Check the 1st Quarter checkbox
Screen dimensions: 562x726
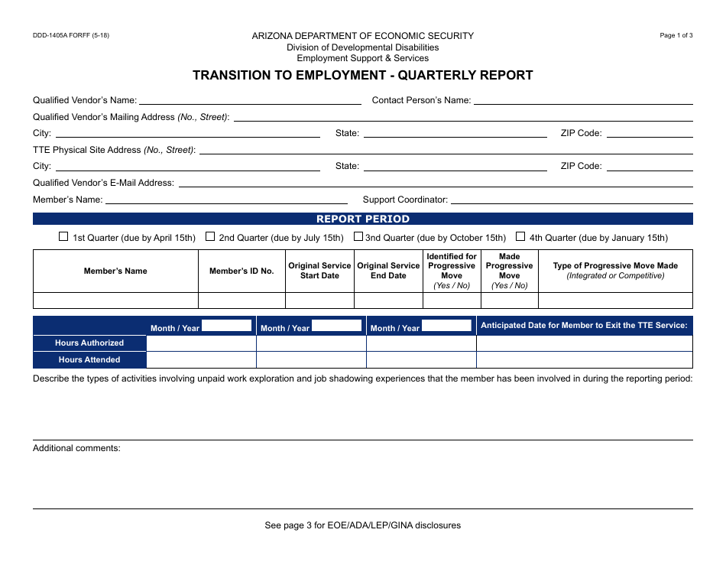[x=63, y=237]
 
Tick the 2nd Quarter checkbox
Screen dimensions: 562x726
[x=210, y=237]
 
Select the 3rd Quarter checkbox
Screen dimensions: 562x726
[x=358, y=237]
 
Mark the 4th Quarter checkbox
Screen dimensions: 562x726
[x=521, y=237]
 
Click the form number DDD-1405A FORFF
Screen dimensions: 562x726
[x=71, y=35]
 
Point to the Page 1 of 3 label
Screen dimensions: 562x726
[x=676, y=35]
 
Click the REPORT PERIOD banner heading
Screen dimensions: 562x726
[x=363, y=219]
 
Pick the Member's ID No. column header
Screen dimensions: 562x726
[x=241, y=271]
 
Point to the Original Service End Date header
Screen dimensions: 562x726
[x=388, y=271]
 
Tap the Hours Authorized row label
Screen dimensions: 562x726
[x=89, y=343]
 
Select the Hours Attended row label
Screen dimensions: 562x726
[x=89, y=359]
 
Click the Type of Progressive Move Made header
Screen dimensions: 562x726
[x=615, y=271]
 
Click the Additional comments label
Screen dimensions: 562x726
[x=76, y=448]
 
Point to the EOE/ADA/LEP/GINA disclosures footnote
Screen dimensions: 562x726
[x=363, y=525]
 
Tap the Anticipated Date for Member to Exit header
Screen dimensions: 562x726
[x=585, y=326]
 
